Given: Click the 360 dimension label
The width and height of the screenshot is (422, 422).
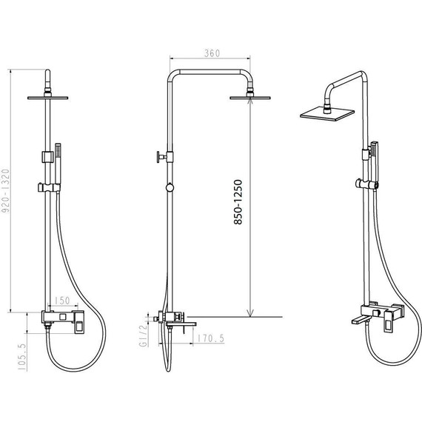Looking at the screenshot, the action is click(212, 53).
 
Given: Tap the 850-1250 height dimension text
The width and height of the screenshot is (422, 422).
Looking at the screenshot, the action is click(238, 202).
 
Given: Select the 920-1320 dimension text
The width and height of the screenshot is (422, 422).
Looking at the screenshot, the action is click(5, 190).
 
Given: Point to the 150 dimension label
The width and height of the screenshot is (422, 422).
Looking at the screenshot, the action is click(62, 301).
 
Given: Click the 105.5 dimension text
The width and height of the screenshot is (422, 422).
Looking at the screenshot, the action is click(22, 357).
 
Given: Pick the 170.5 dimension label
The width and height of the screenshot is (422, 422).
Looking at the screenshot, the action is click(211, 338).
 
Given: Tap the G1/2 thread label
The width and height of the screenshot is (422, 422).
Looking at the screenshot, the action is click(143, 335).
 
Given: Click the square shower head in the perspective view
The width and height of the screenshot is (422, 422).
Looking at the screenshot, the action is click(327, 114).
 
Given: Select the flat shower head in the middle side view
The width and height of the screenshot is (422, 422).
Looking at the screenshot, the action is click(250, 98).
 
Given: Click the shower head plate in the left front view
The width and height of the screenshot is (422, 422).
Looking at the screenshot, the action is click(47, 98).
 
